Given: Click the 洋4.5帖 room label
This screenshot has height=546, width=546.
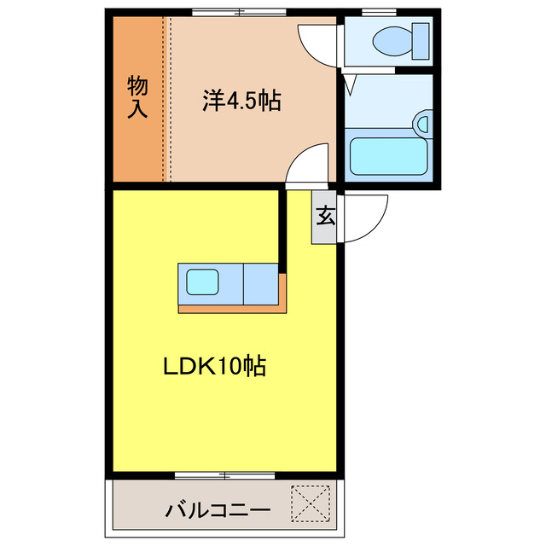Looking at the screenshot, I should click(241, 101).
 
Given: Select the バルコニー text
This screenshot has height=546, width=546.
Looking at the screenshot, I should click(218, 511).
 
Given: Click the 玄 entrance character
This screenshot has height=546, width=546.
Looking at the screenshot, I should click(325, 215).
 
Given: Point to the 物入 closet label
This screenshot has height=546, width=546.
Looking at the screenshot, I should click(137, 96).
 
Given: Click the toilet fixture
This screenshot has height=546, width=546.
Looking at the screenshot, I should click(397, 38).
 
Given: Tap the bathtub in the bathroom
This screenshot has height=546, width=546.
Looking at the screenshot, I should click(388, 154).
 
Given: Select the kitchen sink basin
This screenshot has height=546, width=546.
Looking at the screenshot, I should click(204, 282).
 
